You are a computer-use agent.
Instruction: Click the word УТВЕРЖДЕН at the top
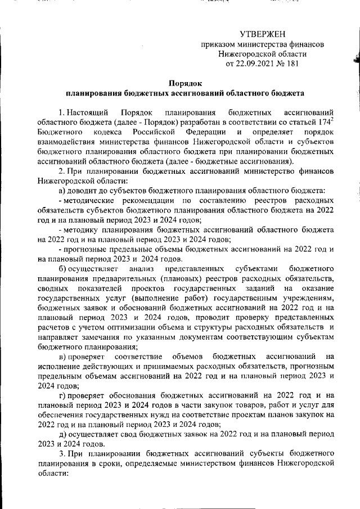tap(263, 34)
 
